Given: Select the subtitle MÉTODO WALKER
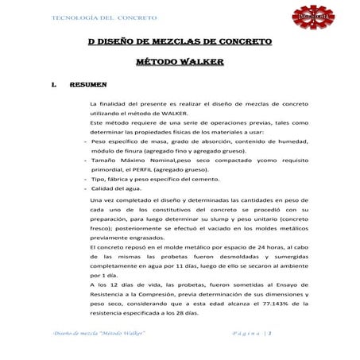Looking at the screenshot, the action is point(180,60).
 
